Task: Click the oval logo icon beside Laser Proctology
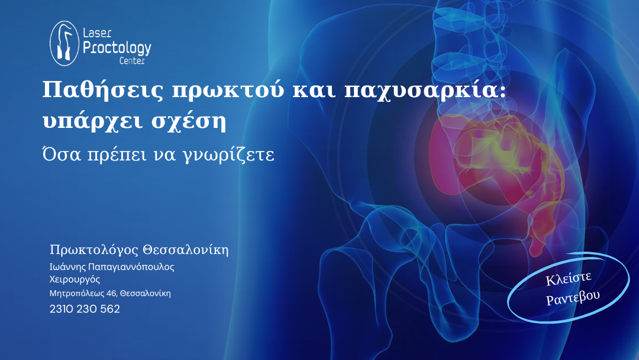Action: coord(64,43)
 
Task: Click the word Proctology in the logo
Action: coord(117,49)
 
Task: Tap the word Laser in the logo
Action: coord(97,33)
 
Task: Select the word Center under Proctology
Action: coord(132,61)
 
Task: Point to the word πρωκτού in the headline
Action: coord(228,91)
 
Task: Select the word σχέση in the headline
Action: coord(189,121)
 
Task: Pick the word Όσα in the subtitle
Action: coord(62,154)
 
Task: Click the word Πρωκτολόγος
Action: coord(93,250)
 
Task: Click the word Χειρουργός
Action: coord(75,279)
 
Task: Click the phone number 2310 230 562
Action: coord(85,309)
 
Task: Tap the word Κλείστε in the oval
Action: coord(569,278)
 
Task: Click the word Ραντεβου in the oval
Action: coord(573,297)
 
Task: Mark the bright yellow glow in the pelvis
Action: coord(505,152)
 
